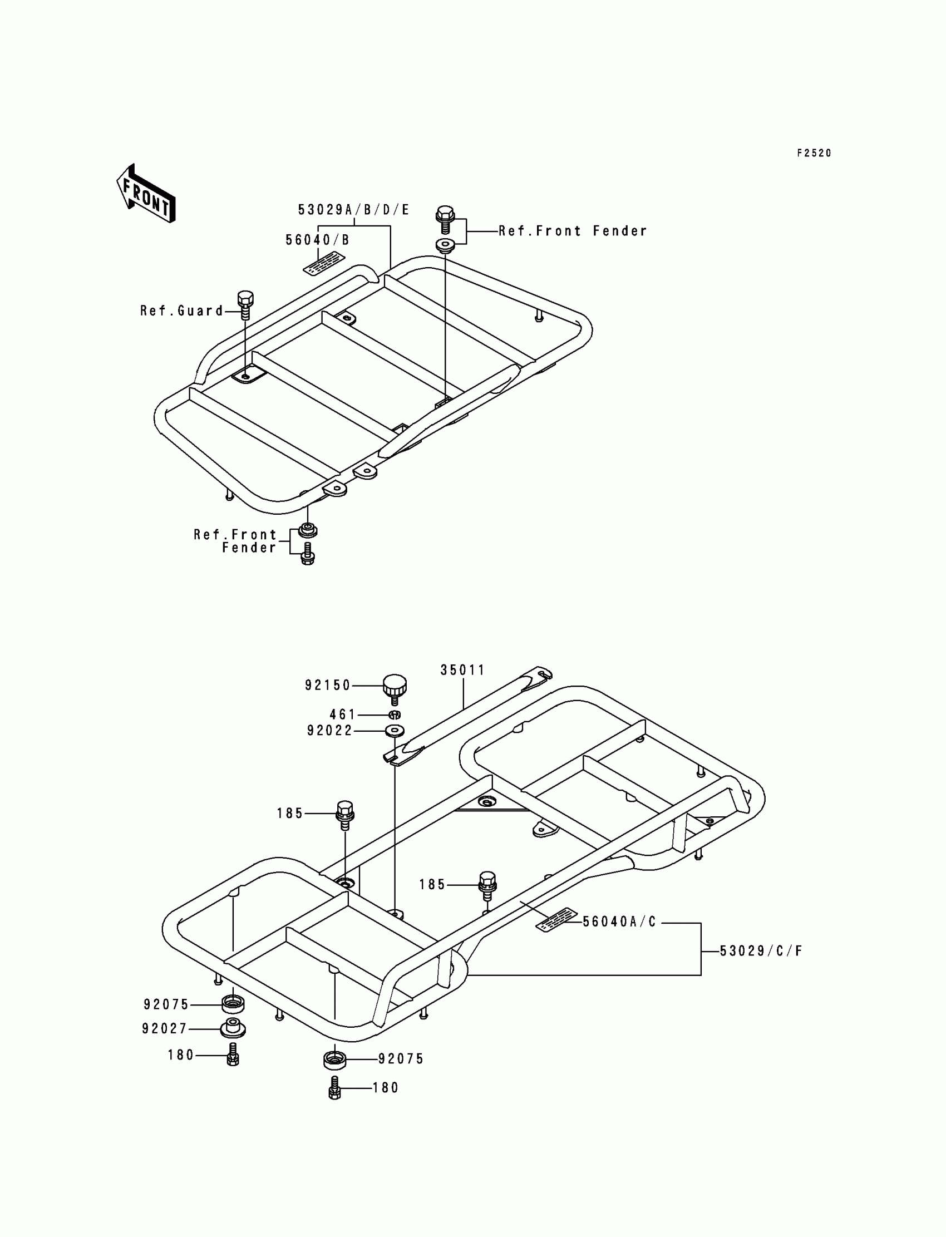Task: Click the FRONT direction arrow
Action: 146,194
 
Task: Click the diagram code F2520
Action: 814,153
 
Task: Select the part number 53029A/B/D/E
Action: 353,210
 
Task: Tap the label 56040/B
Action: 318,240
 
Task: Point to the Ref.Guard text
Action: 182,311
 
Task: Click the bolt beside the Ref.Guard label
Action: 245,305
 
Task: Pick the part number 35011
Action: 462,670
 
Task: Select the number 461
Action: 342,714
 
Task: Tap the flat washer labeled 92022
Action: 395,731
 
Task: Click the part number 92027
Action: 164,1029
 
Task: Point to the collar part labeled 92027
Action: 233,1028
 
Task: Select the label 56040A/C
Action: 619,921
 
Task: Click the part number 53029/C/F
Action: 761,951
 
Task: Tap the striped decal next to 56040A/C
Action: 557,919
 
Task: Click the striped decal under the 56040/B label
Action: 324,264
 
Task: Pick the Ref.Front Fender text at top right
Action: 573,231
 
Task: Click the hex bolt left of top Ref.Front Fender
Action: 445,220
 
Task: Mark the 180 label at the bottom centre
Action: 386,1088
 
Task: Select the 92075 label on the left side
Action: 166,1004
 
